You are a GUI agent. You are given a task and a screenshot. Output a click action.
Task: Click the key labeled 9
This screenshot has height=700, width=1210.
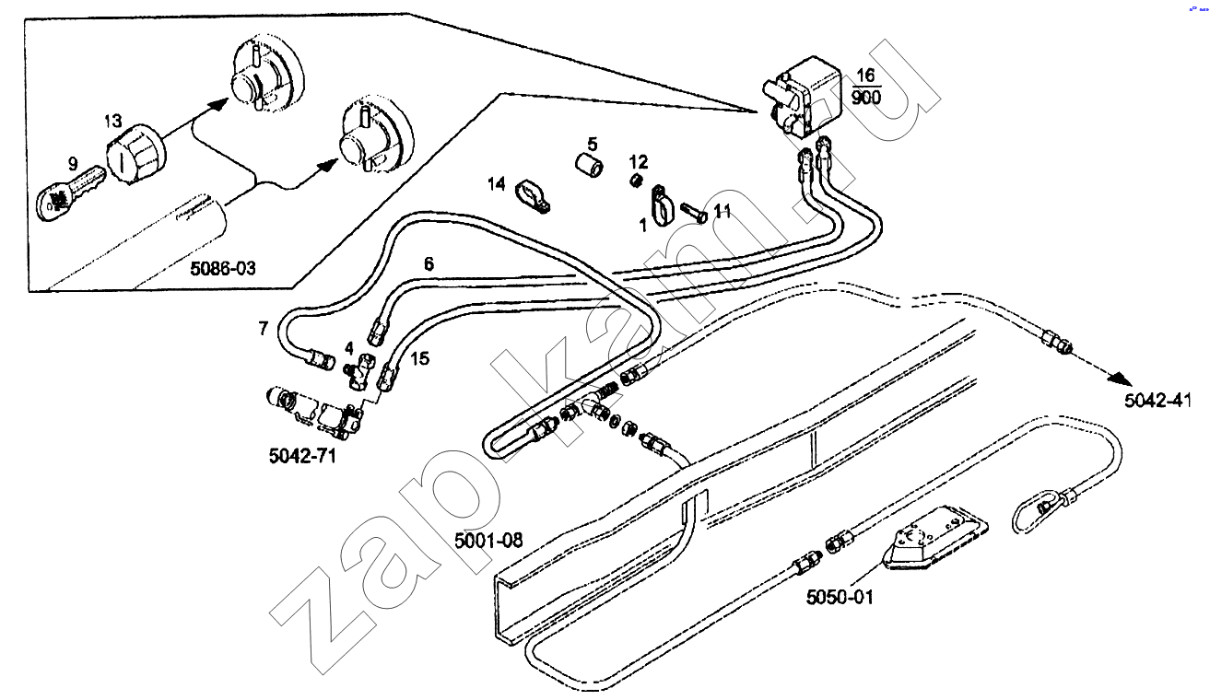pos(69,193)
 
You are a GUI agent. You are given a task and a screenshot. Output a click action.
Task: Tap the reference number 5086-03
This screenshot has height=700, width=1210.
pos(222,268)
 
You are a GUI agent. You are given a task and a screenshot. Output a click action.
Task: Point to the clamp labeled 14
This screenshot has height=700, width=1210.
pos(532,197)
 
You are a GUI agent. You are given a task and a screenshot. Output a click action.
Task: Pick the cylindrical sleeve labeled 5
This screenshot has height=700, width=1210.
pos(590,165)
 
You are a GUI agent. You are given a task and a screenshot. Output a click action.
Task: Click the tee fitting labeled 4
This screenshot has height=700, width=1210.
pos(359,372)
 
